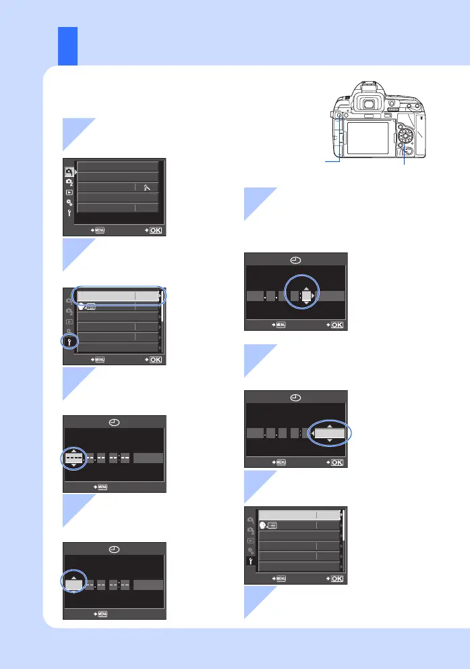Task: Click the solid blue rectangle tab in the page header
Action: coord(67,46)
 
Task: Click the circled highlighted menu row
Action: coord(118,296)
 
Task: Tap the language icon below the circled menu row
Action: coord(87,306)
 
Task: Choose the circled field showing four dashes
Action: coord(74,459)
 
